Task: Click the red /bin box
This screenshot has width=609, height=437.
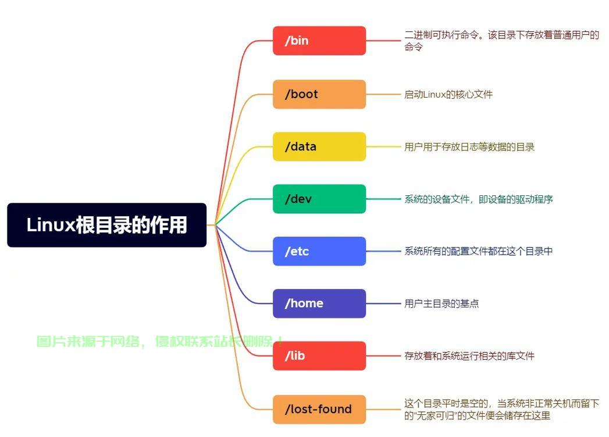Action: (x=319, y=41)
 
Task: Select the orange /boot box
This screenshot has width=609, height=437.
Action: (x=319, y=94)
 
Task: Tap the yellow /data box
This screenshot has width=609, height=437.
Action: (x=319, y=146)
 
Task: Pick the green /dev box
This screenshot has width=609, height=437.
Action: (x=319, y=199)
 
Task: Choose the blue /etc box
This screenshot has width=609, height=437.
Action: (x=319, y=251)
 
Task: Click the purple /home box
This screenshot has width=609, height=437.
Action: (x=319, y=303)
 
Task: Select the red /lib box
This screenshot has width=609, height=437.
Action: (x=319, y=356)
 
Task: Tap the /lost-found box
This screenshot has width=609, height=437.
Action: (x=319, y=410)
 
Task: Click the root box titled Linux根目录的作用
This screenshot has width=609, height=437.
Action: (x=107, y=225)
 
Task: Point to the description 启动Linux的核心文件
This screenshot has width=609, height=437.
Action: (x=448, y=94)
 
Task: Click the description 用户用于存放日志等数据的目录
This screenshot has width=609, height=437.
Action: (x=469, y=146)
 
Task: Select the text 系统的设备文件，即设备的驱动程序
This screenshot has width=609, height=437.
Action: (x=479, y=199)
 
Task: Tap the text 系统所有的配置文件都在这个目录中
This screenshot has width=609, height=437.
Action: (x=479, y=251)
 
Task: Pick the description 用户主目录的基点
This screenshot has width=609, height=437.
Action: (x=441, y=303)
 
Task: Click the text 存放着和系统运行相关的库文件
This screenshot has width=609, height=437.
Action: (x=469, y=356)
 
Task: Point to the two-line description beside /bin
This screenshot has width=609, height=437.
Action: (x=502, y=41)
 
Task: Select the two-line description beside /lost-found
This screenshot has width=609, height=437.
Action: (x=502, y=410)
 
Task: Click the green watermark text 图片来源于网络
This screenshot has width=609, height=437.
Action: (x=88, y=342)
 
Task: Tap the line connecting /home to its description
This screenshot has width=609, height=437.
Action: (x=383, y=303)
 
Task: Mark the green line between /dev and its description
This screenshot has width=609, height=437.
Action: (x=383, y=199)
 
